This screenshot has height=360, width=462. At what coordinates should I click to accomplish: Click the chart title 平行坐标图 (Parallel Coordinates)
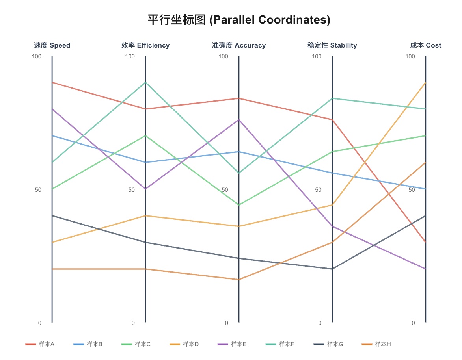click(239, 20)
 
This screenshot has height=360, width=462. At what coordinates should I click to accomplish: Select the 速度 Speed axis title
click(52, 45)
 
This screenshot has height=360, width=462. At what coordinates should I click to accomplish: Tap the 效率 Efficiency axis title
click(145, 45)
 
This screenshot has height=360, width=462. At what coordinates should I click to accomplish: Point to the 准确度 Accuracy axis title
click(239, 45)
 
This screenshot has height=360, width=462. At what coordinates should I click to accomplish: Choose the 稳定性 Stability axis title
click(332, 45)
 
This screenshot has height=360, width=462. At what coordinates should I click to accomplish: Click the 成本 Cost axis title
click(426, 45)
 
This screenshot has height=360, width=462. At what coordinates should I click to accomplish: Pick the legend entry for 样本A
click(40, 344)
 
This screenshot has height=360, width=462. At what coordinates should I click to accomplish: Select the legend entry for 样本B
click(88, 344)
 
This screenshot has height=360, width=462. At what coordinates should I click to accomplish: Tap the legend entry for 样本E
click(232, 344)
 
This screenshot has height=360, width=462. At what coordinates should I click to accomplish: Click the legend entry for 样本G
click(328, 344)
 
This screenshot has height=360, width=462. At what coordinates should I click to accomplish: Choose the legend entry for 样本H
click(376, 344)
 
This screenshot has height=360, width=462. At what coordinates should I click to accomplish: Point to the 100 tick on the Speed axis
click(37, 56)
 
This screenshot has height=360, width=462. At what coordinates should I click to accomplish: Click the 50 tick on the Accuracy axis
click(225, 189)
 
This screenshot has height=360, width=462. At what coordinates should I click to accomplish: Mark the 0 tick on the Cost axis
click(413, 323)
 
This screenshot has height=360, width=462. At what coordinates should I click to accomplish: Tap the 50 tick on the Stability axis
click(318, 189)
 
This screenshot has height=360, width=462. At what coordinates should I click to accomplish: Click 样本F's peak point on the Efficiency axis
click(145, 82)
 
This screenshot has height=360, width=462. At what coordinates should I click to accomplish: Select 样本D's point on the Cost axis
click(426, 83)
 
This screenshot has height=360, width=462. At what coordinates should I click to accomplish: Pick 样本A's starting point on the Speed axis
click(52, 82)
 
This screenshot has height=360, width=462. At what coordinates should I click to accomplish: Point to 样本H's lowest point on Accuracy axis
click(239, 280)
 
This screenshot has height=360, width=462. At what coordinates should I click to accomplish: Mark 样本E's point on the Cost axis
click(426, 269)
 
